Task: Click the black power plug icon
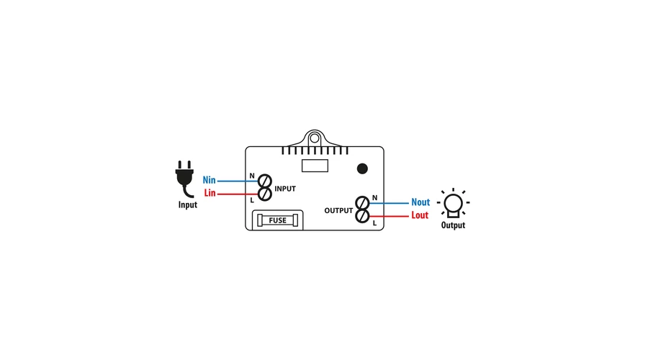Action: click(x=185, y=179)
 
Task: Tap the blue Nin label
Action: click(x=210, y=180)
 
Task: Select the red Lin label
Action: click(x=210, y=194)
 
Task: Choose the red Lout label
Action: click(x=420, y=215)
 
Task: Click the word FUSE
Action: click(x=277, y=220)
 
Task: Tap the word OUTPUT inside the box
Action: click(x=338, y=211)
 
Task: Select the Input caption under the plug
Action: click(x=188, y=205)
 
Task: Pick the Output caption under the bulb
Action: click(x=453, y=225)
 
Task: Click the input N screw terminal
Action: click(x=265, y=180)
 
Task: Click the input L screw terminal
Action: click(x=265, y=194)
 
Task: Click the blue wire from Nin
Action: click(x=238, y=181)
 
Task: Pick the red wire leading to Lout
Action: click(x=389, y=216)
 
